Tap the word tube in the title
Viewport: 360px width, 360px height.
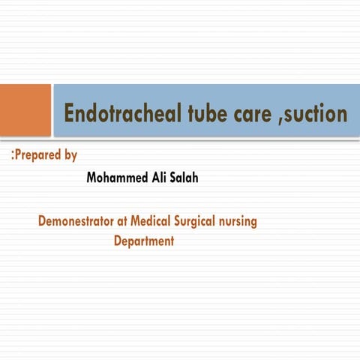196,113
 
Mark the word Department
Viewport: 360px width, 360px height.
144,241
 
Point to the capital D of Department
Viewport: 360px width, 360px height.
118,241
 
